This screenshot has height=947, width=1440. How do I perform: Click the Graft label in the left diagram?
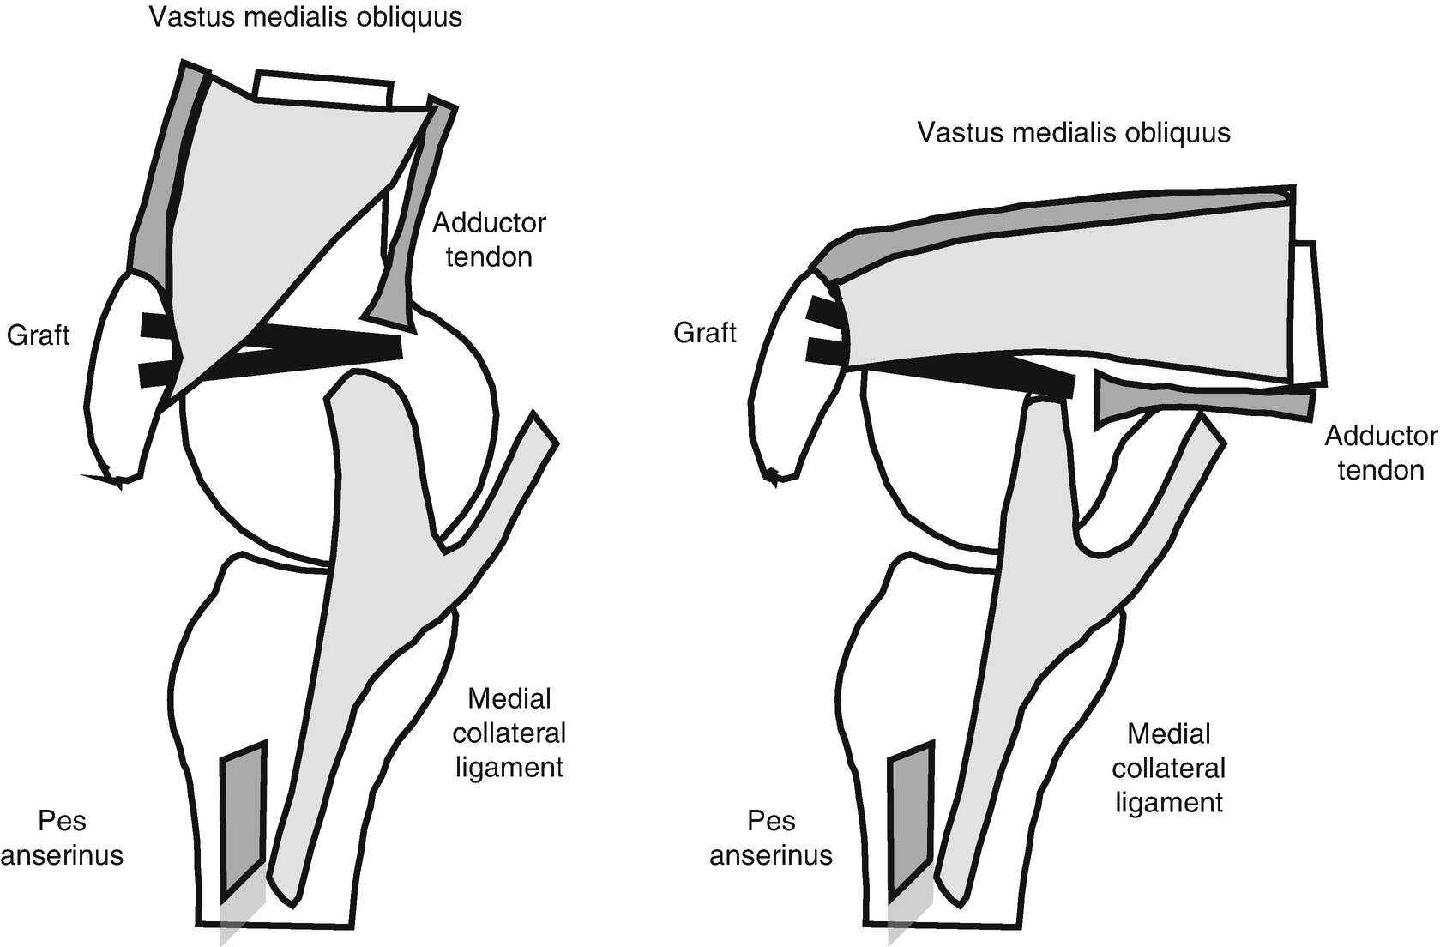tap(38, 334)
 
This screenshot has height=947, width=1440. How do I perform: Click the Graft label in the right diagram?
tap(704, 332)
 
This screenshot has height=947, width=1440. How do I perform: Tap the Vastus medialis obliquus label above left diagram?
tap(305, 17)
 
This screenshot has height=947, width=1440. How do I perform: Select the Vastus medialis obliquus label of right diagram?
tap(1074, 132)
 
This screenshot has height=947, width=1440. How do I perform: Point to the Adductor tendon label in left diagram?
tap(489, 239)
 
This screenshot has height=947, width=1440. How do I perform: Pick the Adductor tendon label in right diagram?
tap(1380, 452)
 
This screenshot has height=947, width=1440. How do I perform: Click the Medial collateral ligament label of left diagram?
tap(509, 733)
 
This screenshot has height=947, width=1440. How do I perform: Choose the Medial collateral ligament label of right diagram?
tap(1168, 768)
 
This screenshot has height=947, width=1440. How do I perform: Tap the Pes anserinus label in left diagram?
tap(63, 838)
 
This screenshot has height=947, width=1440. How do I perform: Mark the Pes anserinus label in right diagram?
tap(771, 838)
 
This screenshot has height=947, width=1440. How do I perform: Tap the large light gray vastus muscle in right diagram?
tap(1072, 300)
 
